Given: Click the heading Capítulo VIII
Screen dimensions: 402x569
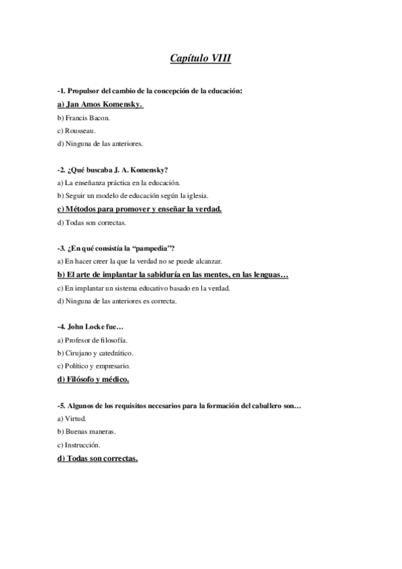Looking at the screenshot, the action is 201,59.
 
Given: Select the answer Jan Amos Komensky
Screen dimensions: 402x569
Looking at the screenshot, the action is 101,105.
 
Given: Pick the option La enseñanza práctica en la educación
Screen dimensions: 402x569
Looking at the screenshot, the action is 119,183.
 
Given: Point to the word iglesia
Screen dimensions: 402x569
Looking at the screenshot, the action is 196,195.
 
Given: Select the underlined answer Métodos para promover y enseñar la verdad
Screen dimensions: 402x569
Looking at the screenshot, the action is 140,209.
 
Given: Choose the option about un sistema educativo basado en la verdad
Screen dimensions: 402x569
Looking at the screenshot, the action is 144,288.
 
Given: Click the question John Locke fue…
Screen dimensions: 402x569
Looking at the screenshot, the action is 91,327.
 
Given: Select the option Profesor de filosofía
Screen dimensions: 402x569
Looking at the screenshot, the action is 93,340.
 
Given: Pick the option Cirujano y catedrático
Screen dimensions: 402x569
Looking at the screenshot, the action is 95,353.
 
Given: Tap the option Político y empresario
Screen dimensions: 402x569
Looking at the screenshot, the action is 94,366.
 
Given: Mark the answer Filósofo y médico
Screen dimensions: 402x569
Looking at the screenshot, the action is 93,379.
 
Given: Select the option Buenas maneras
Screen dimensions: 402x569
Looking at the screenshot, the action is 87,431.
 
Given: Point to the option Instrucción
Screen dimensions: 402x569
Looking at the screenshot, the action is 79,444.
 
